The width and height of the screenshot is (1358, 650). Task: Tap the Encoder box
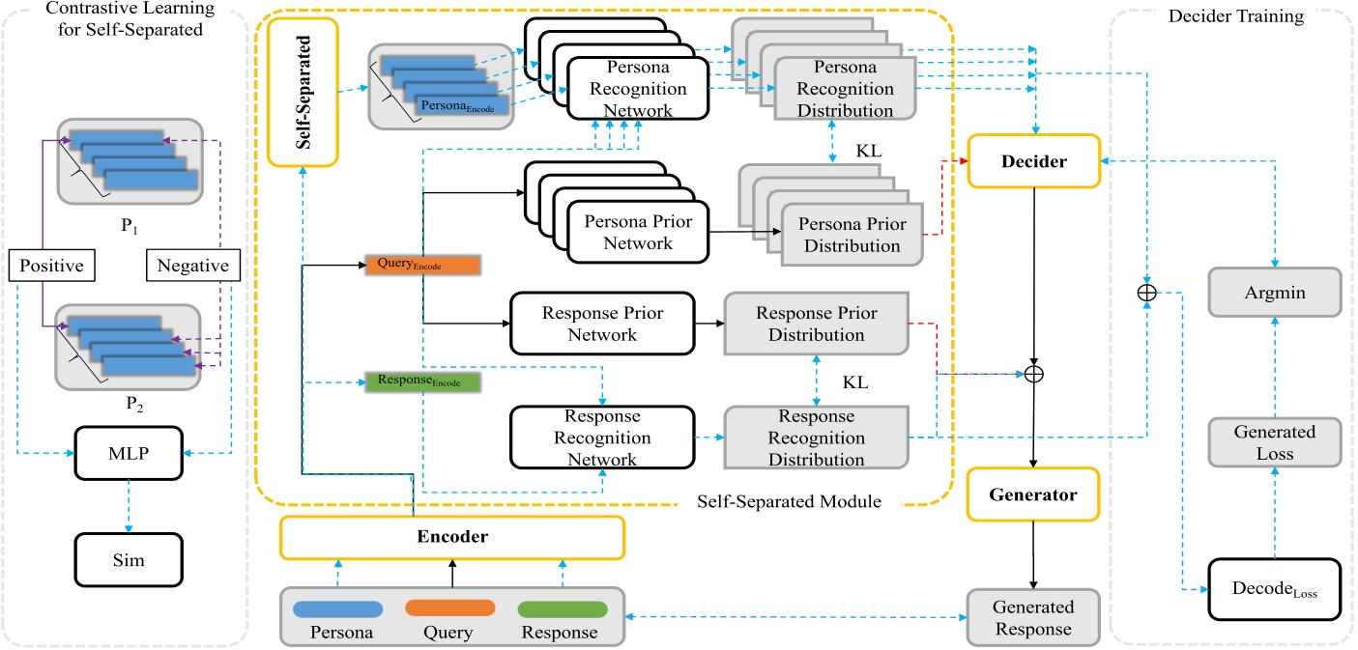[451, 538]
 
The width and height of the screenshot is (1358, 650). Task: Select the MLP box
[129, 452]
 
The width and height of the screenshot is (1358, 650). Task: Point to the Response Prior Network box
[602, 324]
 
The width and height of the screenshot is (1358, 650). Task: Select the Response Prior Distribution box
[816, 324]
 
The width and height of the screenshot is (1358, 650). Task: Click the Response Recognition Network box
[602, 438]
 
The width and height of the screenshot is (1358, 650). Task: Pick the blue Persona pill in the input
[338, 609]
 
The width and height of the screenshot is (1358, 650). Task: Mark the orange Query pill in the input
[449, 609]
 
